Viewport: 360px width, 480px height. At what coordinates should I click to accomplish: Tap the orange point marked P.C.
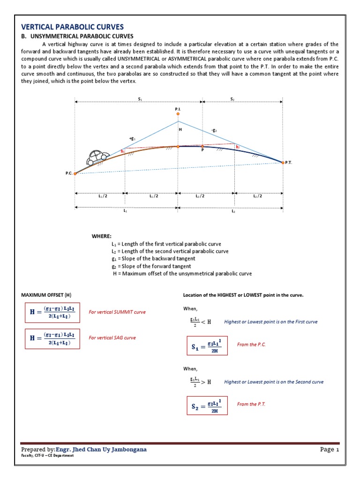[x=75, y=174]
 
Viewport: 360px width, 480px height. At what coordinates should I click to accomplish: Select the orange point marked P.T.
[x=283, y=162]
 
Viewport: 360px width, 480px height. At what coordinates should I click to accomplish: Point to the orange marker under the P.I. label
[x=178, y=113]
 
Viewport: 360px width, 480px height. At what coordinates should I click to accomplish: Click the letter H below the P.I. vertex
[x=179, y=129]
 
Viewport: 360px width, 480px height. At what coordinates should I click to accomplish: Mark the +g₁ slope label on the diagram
[x=132, y=138]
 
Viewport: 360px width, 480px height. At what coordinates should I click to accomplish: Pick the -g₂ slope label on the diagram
[x=214, y=131]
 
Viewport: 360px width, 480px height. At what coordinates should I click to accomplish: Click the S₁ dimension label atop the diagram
[x=140, y=99]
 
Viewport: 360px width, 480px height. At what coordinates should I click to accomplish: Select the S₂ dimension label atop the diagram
[x=232, y=99]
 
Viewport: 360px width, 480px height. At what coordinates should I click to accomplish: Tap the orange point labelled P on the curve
[x=202, y=146]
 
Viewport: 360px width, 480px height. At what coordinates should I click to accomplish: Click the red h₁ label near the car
[x=123, y=151]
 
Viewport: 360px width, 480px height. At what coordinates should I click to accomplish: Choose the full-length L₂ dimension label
[x=233, y=211]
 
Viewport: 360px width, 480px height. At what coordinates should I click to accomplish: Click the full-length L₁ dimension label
[x=126, y=211]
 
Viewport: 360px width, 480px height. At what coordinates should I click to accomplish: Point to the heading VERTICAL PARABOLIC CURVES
[x=73, y=27]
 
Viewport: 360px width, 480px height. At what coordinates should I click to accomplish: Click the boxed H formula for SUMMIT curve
[x=52, y=312]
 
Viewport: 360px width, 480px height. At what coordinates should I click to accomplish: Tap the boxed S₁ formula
[x=207, y=345]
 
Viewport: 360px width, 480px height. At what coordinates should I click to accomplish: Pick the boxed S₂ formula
[x=207, y=405]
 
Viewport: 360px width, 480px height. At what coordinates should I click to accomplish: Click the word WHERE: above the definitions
[x=102, y=236]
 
